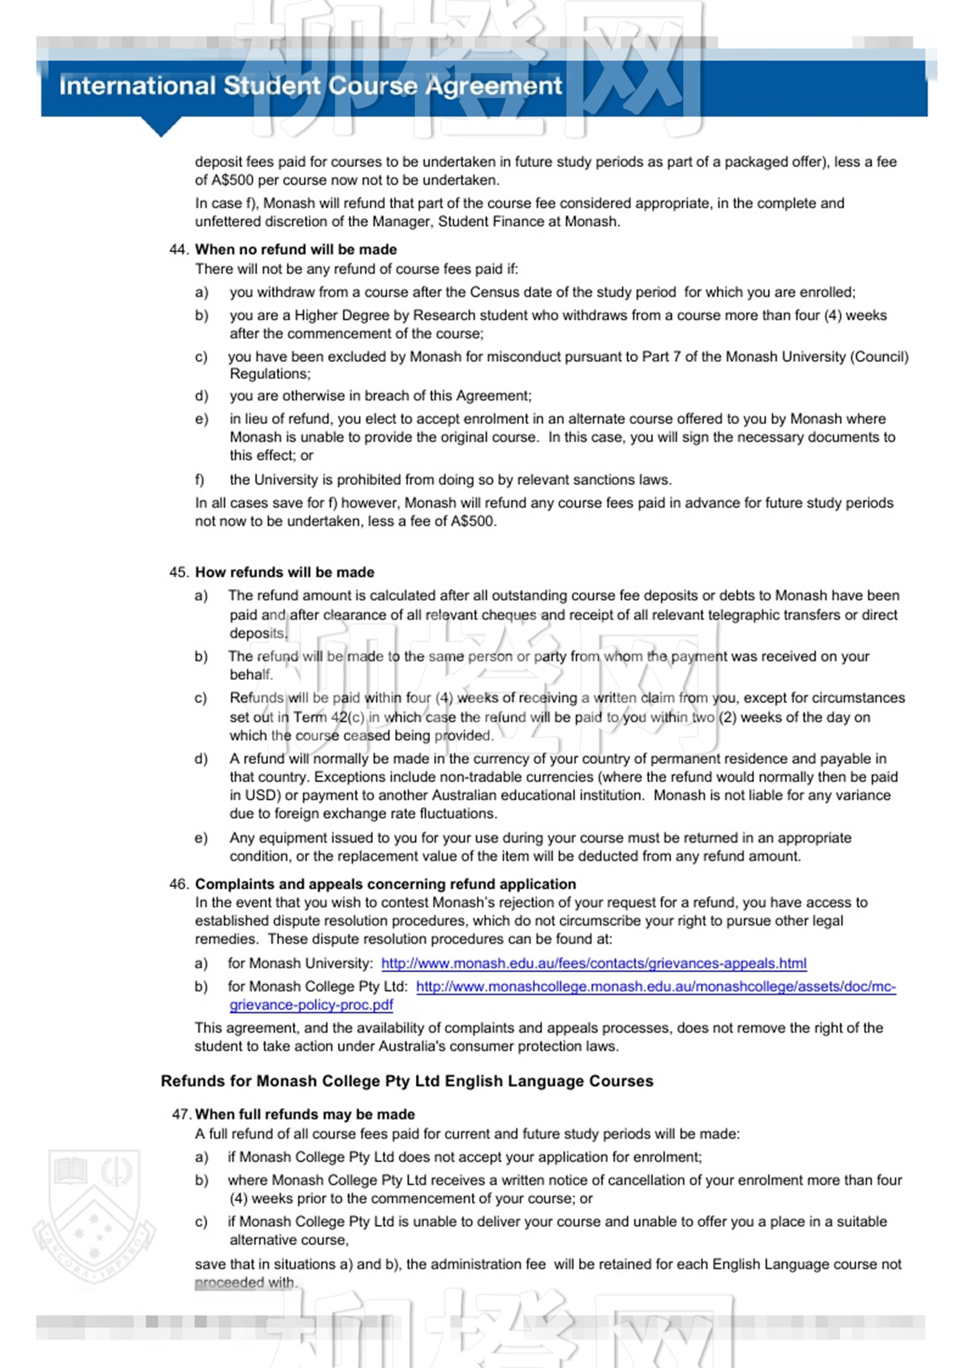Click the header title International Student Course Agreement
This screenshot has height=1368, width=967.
pos(310,86)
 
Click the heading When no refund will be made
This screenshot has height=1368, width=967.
pos(296,249)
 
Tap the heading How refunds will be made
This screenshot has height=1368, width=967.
pos(285,572)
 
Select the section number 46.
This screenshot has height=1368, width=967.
pos(178,884)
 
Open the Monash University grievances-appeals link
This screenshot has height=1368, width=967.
pos(593,963)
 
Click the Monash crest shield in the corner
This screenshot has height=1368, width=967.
pos(94,1216)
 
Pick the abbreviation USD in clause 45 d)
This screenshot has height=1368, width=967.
pos(262,795)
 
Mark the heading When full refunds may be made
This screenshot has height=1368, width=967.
pos(305,1114)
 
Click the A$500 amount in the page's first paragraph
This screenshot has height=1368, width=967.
pos(232,180)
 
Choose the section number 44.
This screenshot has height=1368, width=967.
pos(178,249)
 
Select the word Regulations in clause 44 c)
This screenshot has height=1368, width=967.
pos(269,374)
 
